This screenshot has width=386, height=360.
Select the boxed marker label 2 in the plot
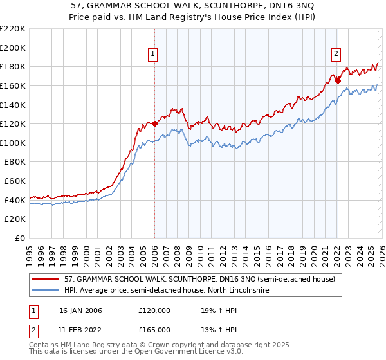coord(336,55)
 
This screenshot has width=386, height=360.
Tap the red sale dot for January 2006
coord(154,123)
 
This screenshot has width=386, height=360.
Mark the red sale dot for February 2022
coord(338,80)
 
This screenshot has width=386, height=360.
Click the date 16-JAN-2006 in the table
coord(80,310)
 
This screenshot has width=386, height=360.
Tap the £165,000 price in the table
coord(154,330)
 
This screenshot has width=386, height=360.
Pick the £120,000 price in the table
coord(154,310)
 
